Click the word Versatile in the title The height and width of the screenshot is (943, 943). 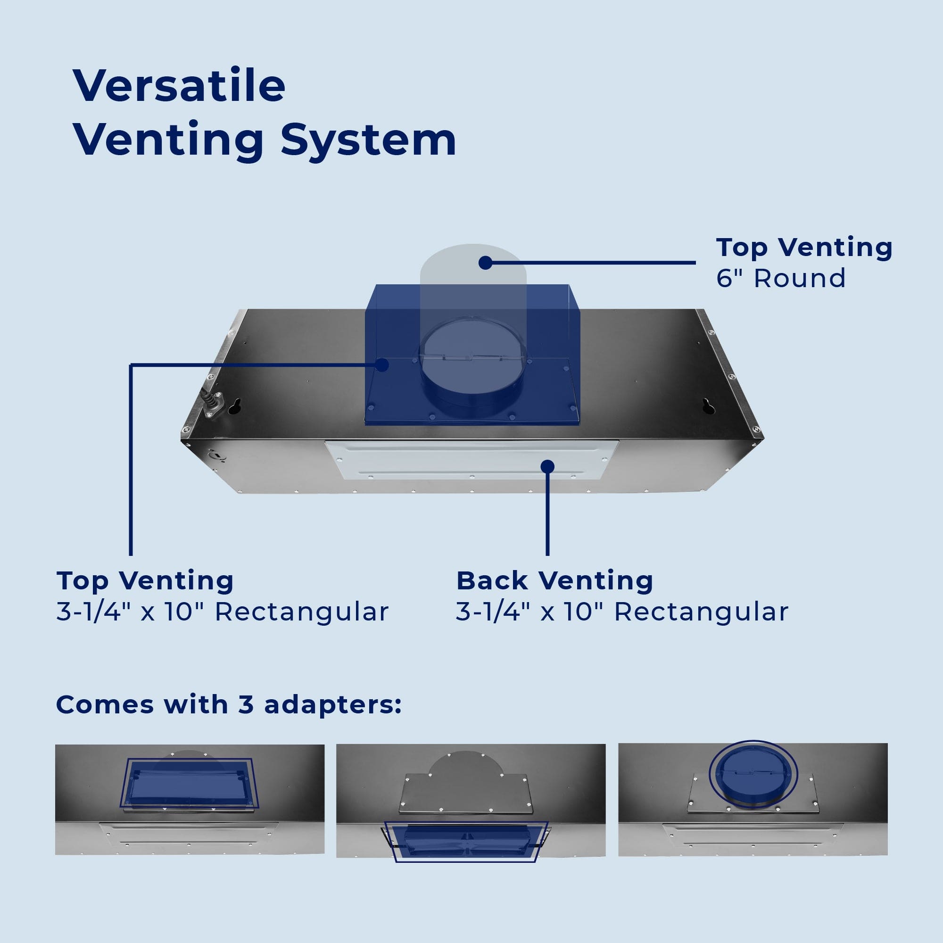179,86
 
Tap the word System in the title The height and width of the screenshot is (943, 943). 368,141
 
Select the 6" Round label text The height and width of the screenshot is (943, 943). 780,279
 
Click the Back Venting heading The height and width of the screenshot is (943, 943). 554,581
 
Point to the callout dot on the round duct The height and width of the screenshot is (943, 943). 485,263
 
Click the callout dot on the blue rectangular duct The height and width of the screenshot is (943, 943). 382,364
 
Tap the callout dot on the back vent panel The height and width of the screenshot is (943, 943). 547,466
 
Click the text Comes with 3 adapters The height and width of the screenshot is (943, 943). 228,705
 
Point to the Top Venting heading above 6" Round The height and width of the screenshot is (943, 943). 804,248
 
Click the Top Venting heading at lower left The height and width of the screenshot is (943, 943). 145,581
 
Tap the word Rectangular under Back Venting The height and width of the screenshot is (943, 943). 702,612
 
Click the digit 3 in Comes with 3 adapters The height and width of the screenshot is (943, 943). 246,705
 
